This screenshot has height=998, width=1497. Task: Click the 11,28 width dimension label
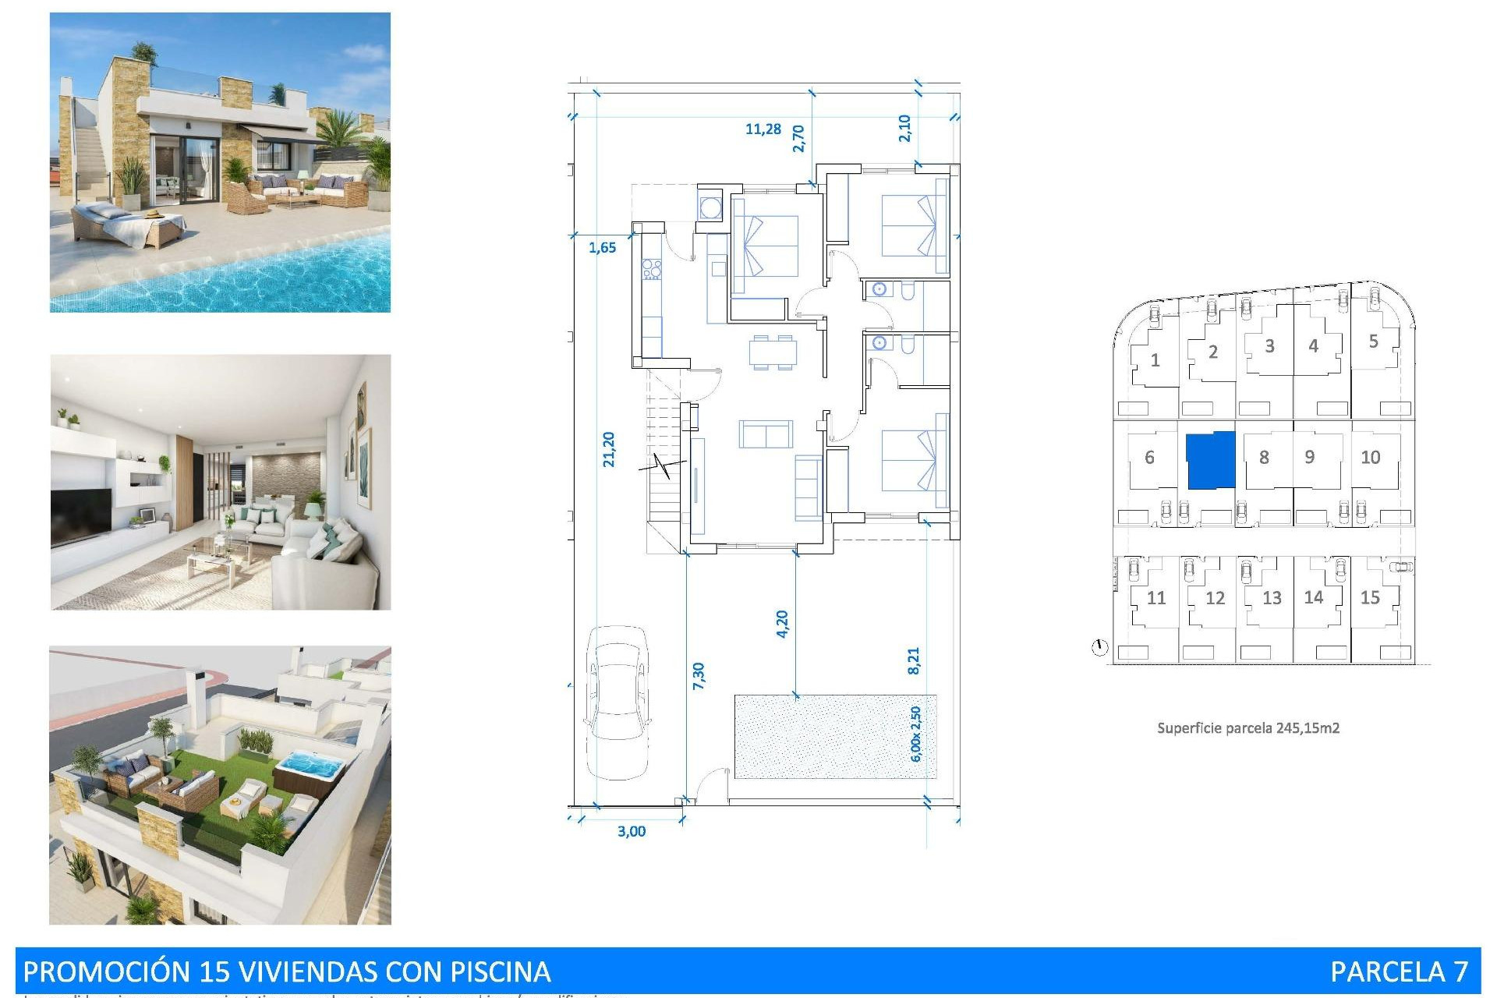(x=763, y=129)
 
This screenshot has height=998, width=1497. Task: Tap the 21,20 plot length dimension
(x=609, y=450)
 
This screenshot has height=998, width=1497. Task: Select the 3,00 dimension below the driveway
(x=632, y=831)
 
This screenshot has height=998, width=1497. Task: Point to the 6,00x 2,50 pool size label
(x=915, y=734)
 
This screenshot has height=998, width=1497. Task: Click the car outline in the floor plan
(x=618, y=702)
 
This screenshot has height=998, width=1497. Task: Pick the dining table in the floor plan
(x=773, y=352)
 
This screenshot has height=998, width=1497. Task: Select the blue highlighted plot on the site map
(x=1211, y=460)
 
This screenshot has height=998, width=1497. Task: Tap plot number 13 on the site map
(x=1272, y=598)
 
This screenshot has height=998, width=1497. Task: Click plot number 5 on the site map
(x=1373, y=342)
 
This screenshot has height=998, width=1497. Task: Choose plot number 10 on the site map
(x=1370, y=458)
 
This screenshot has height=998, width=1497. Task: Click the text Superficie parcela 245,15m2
(x=1247, y=728)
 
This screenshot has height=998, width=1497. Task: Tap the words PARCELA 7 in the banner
(x=1399, y=971)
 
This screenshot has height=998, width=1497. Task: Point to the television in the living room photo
(x=81, y=515)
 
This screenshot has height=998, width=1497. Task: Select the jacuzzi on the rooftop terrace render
(x=310, y=768)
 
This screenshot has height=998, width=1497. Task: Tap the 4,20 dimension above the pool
(x=782, y=624)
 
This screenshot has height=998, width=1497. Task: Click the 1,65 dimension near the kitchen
(x=602, y=248)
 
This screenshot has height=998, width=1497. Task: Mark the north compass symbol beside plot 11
(x=1099, y=647)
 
